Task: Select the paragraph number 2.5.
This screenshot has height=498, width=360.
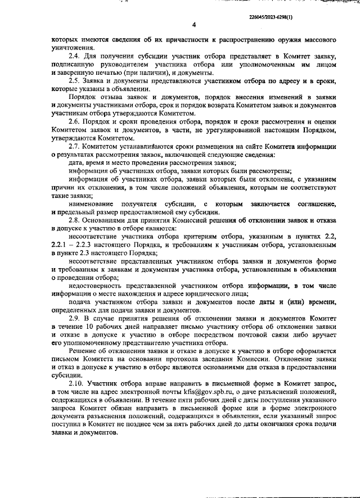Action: (73, 80)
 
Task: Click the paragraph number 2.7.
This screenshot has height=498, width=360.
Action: (73, 146)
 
